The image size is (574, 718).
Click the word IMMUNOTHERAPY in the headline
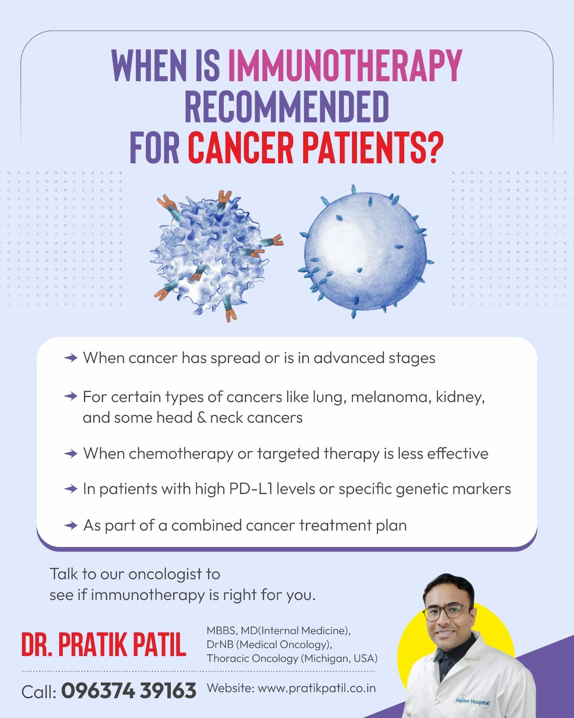click(345, 66)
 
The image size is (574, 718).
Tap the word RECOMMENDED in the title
click(287, 106)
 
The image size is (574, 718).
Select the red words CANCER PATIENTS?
click(316, 147)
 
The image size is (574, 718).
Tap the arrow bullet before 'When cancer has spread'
click(71, 358)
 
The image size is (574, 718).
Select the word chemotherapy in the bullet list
click(181, 454)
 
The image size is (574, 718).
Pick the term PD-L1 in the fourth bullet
click(250, 489)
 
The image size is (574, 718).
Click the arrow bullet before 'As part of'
click(71, 525)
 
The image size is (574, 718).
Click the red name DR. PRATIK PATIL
click(104, 644)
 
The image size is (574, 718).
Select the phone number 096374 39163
click(129, 690)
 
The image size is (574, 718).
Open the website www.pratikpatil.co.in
click(317, 688)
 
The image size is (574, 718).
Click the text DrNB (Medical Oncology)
click(269, 644)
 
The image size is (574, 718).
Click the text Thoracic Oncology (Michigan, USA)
click(292, 659)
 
